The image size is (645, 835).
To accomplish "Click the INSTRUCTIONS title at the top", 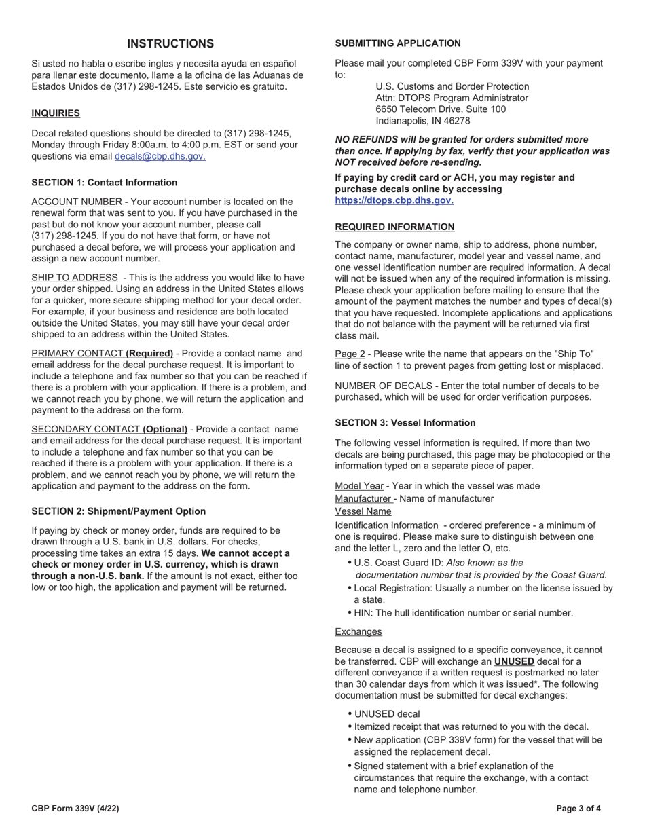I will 170,44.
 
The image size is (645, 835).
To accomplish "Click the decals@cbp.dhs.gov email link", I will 160,156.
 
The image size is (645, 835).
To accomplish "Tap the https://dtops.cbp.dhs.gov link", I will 394,200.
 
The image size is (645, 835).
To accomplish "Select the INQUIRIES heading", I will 56,113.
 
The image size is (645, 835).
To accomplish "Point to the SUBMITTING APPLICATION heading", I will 398,43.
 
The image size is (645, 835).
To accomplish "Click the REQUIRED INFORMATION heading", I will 394,227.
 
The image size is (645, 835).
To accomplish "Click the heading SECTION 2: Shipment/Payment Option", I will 118,511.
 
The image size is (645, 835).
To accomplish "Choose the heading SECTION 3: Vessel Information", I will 405,422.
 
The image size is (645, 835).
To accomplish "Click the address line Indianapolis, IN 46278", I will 422,121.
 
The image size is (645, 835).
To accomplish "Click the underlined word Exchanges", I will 358,631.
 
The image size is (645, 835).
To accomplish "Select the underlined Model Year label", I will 359,486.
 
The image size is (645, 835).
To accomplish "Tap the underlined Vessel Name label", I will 363,511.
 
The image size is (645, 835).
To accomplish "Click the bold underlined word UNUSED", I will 513,661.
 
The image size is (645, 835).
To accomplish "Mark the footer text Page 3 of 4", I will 578,809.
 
